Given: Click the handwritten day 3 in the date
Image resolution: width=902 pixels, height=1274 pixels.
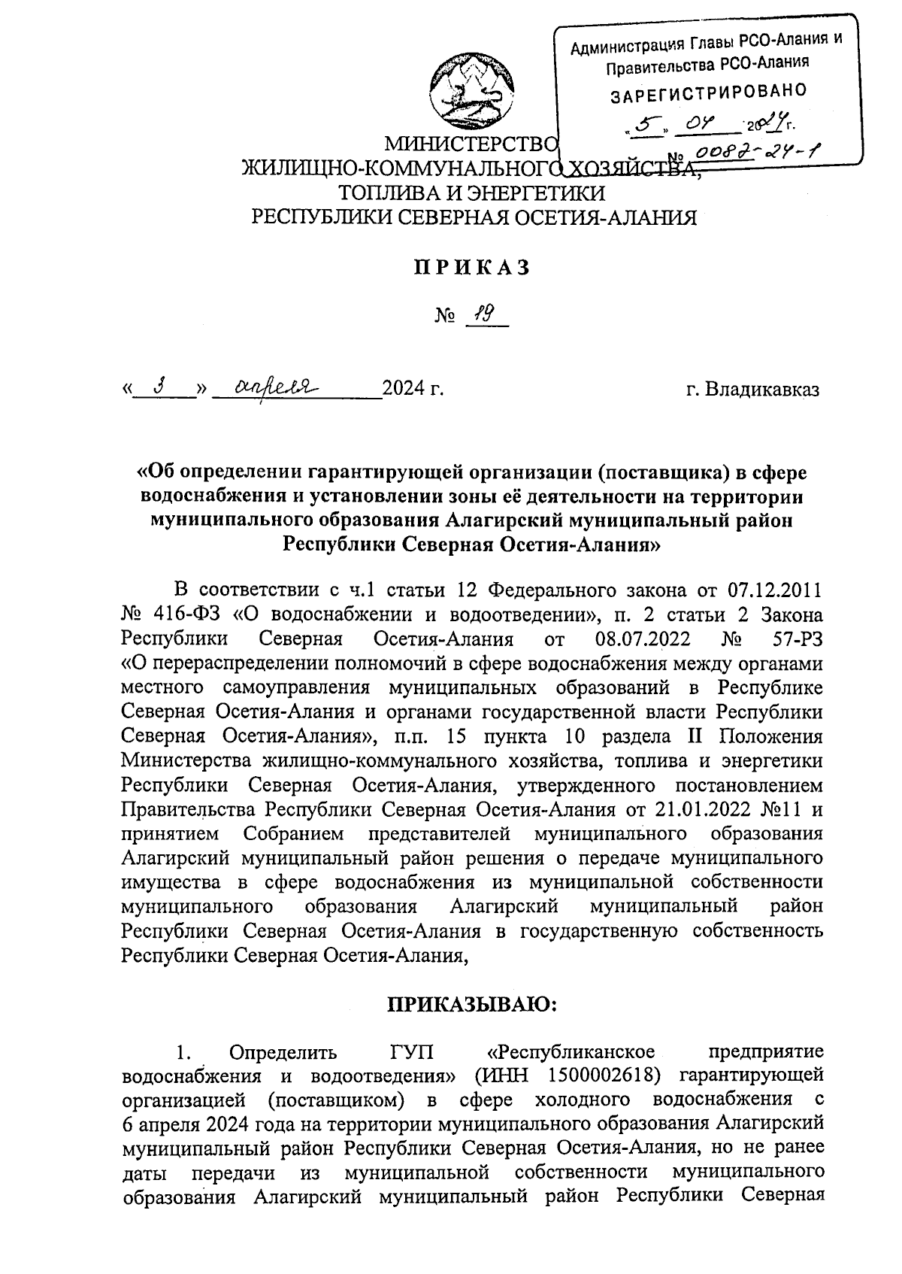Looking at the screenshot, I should click(x=159, y=387).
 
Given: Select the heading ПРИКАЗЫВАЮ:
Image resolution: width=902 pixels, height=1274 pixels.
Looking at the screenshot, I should click(x=471, y=1004).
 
